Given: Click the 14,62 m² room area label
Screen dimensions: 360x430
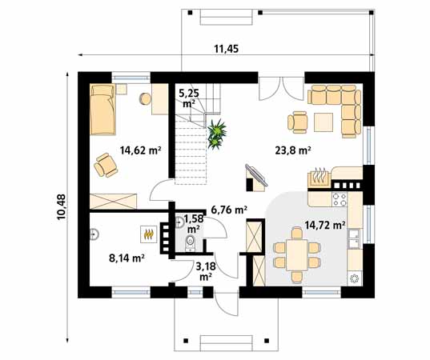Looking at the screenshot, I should [139, 150].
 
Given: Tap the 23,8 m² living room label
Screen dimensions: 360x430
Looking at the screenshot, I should [293, 150].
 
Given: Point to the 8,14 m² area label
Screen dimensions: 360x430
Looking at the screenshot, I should [126, 258].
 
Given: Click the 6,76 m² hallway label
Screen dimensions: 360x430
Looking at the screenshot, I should [228, 210].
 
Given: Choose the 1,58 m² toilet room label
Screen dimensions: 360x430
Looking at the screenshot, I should [192, 222].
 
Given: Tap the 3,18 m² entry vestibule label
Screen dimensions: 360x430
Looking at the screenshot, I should [205, 271].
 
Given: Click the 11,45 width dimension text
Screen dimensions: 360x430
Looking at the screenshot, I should [227, 50].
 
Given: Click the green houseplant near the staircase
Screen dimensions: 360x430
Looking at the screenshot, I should [215, 133].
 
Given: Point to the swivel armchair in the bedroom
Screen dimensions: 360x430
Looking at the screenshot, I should [106, 165].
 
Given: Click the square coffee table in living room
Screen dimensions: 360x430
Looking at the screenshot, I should [324, 122].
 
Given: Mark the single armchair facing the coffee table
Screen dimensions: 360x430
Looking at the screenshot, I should [298, 122].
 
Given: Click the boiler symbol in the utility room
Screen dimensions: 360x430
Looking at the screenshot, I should [148, 234].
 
